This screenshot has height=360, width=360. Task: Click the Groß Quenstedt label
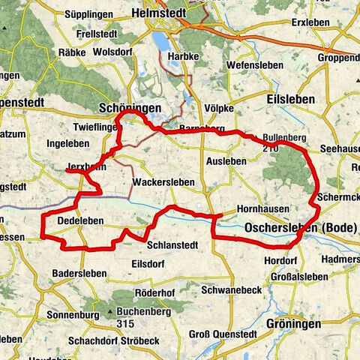point(224,334)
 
